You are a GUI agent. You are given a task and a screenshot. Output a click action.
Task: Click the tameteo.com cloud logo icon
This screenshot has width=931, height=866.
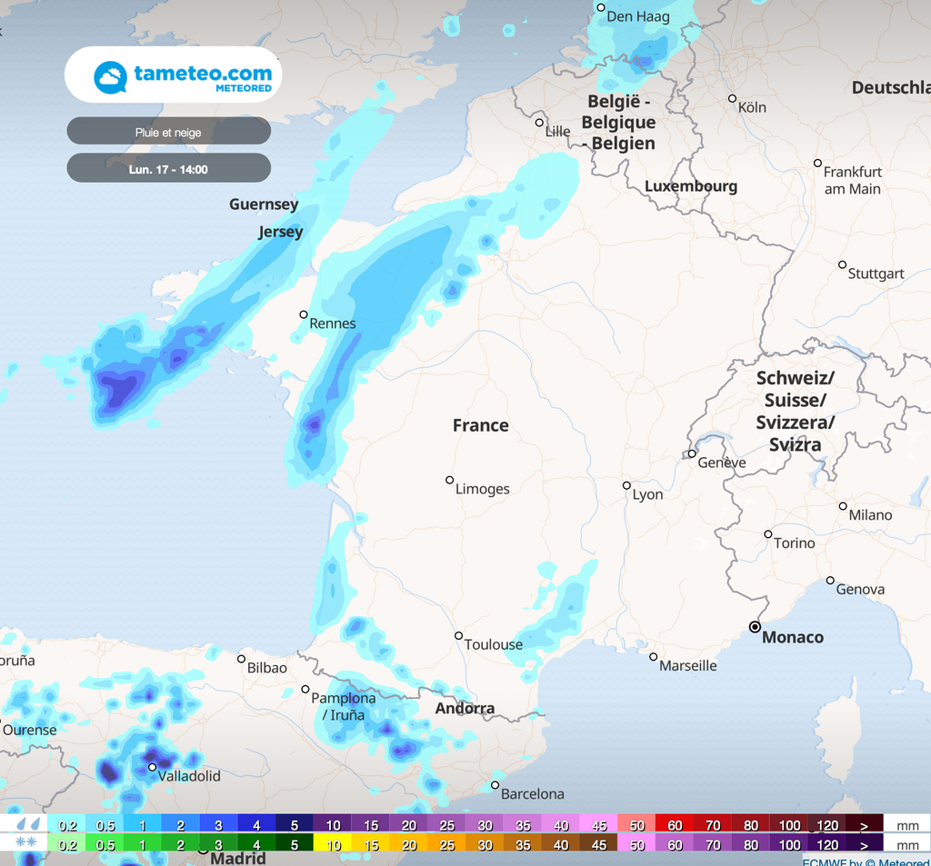(110, 77)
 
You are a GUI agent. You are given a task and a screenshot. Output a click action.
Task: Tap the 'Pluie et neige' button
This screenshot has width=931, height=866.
(168, 132)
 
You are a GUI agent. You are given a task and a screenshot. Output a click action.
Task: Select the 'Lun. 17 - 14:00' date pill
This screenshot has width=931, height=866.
(168, 169)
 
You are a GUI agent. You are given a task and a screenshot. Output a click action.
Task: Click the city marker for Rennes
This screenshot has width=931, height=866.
(304, 314)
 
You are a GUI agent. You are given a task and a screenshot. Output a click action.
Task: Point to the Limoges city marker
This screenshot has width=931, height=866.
(449, 480)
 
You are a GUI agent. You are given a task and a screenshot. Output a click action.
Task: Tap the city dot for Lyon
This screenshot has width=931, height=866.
(626, 485)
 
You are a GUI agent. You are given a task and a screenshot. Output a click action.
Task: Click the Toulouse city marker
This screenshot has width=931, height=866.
(458, 636)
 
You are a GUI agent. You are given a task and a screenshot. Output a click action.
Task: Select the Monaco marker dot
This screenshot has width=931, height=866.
(755, 627)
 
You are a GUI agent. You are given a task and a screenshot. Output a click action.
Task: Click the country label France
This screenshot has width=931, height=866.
(480, 425)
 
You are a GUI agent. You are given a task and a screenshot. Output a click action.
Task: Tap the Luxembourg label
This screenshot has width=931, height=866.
(691, 186)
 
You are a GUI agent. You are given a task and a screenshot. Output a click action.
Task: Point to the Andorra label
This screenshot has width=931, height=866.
(465, 709)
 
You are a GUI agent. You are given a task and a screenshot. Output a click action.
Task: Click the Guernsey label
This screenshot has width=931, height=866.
(264, 204)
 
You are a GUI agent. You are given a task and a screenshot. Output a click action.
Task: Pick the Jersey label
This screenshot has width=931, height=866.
(280, 232)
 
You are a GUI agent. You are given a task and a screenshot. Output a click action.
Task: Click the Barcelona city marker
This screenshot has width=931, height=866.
(496, 785)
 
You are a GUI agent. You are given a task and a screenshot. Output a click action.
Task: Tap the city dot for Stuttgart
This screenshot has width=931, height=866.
(842, 264)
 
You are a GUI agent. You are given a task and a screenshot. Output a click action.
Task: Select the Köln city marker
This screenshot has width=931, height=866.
(732, 98)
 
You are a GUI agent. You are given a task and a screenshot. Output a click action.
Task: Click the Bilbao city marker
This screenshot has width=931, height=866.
(242, 659)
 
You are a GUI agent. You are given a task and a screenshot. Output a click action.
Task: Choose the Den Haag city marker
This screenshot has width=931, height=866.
(600, 7)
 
